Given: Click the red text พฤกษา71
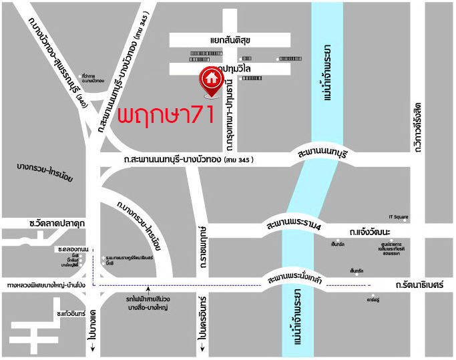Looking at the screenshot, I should pos(165,114).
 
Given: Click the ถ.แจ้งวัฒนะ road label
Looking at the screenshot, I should pos(369,231).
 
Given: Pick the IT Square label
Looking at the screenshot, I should pos(398,216).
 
